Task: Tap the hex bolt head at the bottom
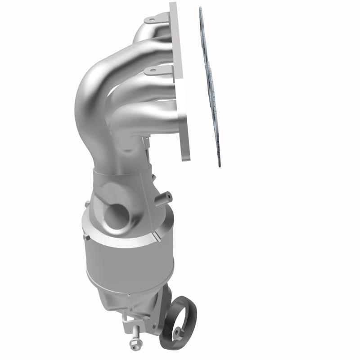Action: click(134, 346)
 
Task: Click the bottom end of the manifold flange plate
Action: click(186, 155)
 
